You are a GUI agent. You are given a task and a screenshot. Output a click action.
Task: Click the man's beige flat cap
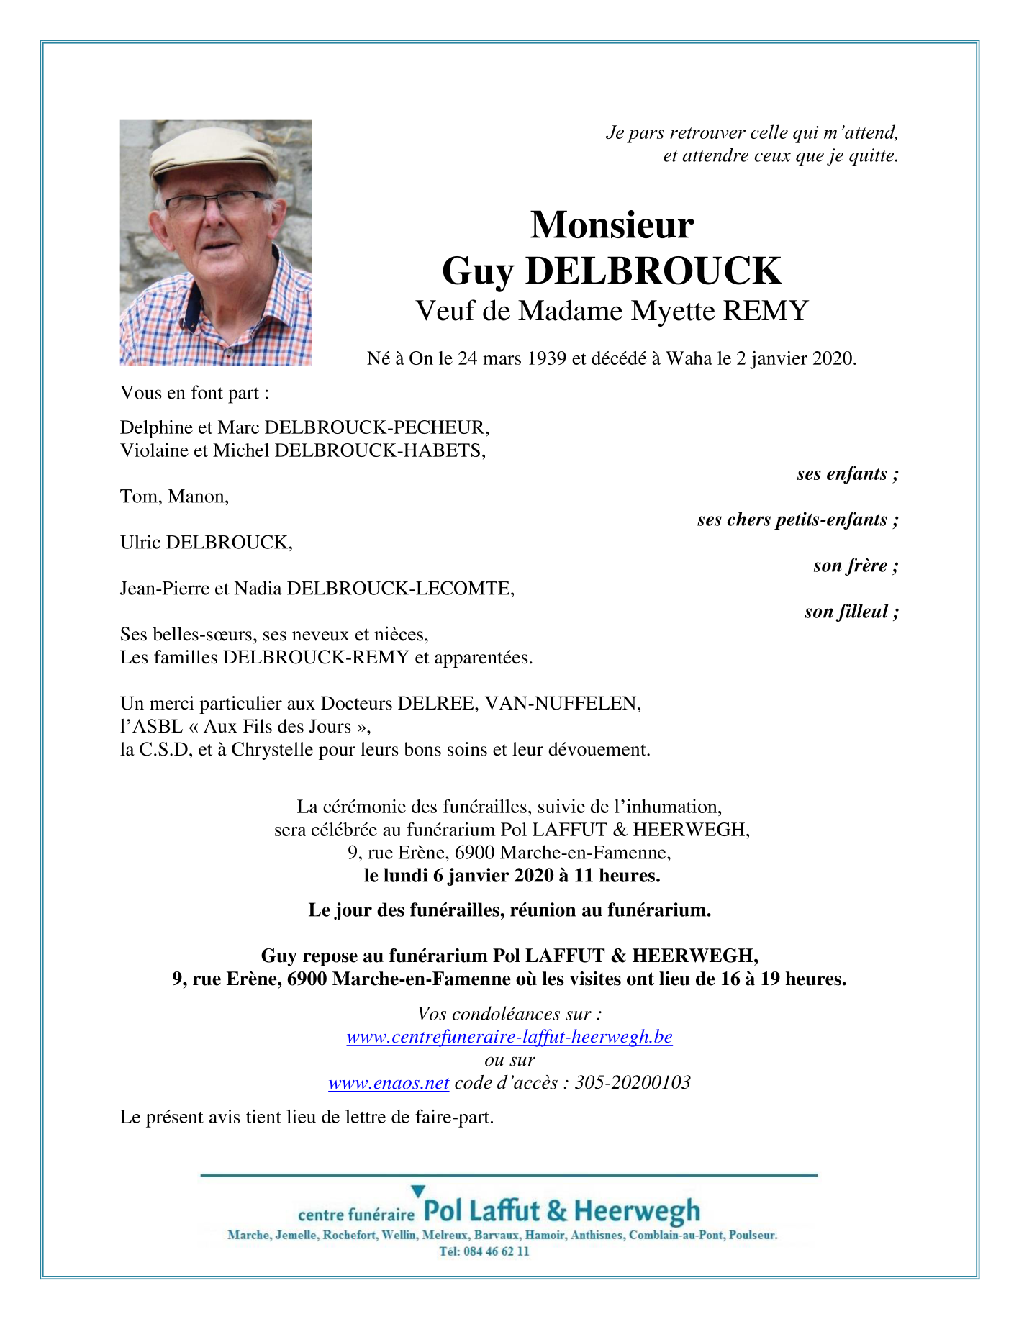tap(214, 153)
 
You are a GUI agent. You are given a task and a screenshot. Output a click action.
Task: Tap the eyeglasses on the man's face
tap(216, 199)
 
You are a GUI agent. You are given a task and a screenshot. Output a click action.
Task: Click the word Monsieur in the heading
tap(612, 225)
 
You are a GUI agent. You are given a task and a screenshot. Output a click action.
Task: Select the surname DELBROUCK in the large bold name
tap(653, 271)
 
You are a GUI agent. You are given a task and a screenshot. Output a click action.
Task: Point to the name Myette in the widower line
tap(674, 311)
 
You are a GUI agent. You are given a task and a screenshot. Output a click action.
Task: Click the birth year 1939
tap(546, 358)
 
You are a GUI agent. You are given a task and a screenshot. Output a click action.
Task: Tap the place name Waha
tap(689, 358)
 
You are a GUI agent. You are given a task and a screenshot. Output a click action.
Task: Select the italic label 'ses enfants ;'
tap(848, 473)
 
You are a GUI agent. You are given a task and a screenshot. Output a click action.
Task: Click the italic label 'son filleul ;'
tap(851, 612)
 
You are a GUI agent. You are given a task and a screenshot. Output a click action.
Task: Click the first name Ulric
tap(140, 543)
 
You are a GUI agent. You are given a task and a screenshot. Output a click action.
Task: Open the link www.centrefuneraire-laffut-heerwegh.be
tap(510, 1037)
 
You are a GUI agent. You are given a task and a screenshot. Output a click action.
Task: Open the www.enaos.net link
tap(389, 1083)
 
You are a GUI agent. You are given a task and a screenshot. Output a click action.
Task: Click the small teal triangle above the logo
tap(417, 1192)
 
